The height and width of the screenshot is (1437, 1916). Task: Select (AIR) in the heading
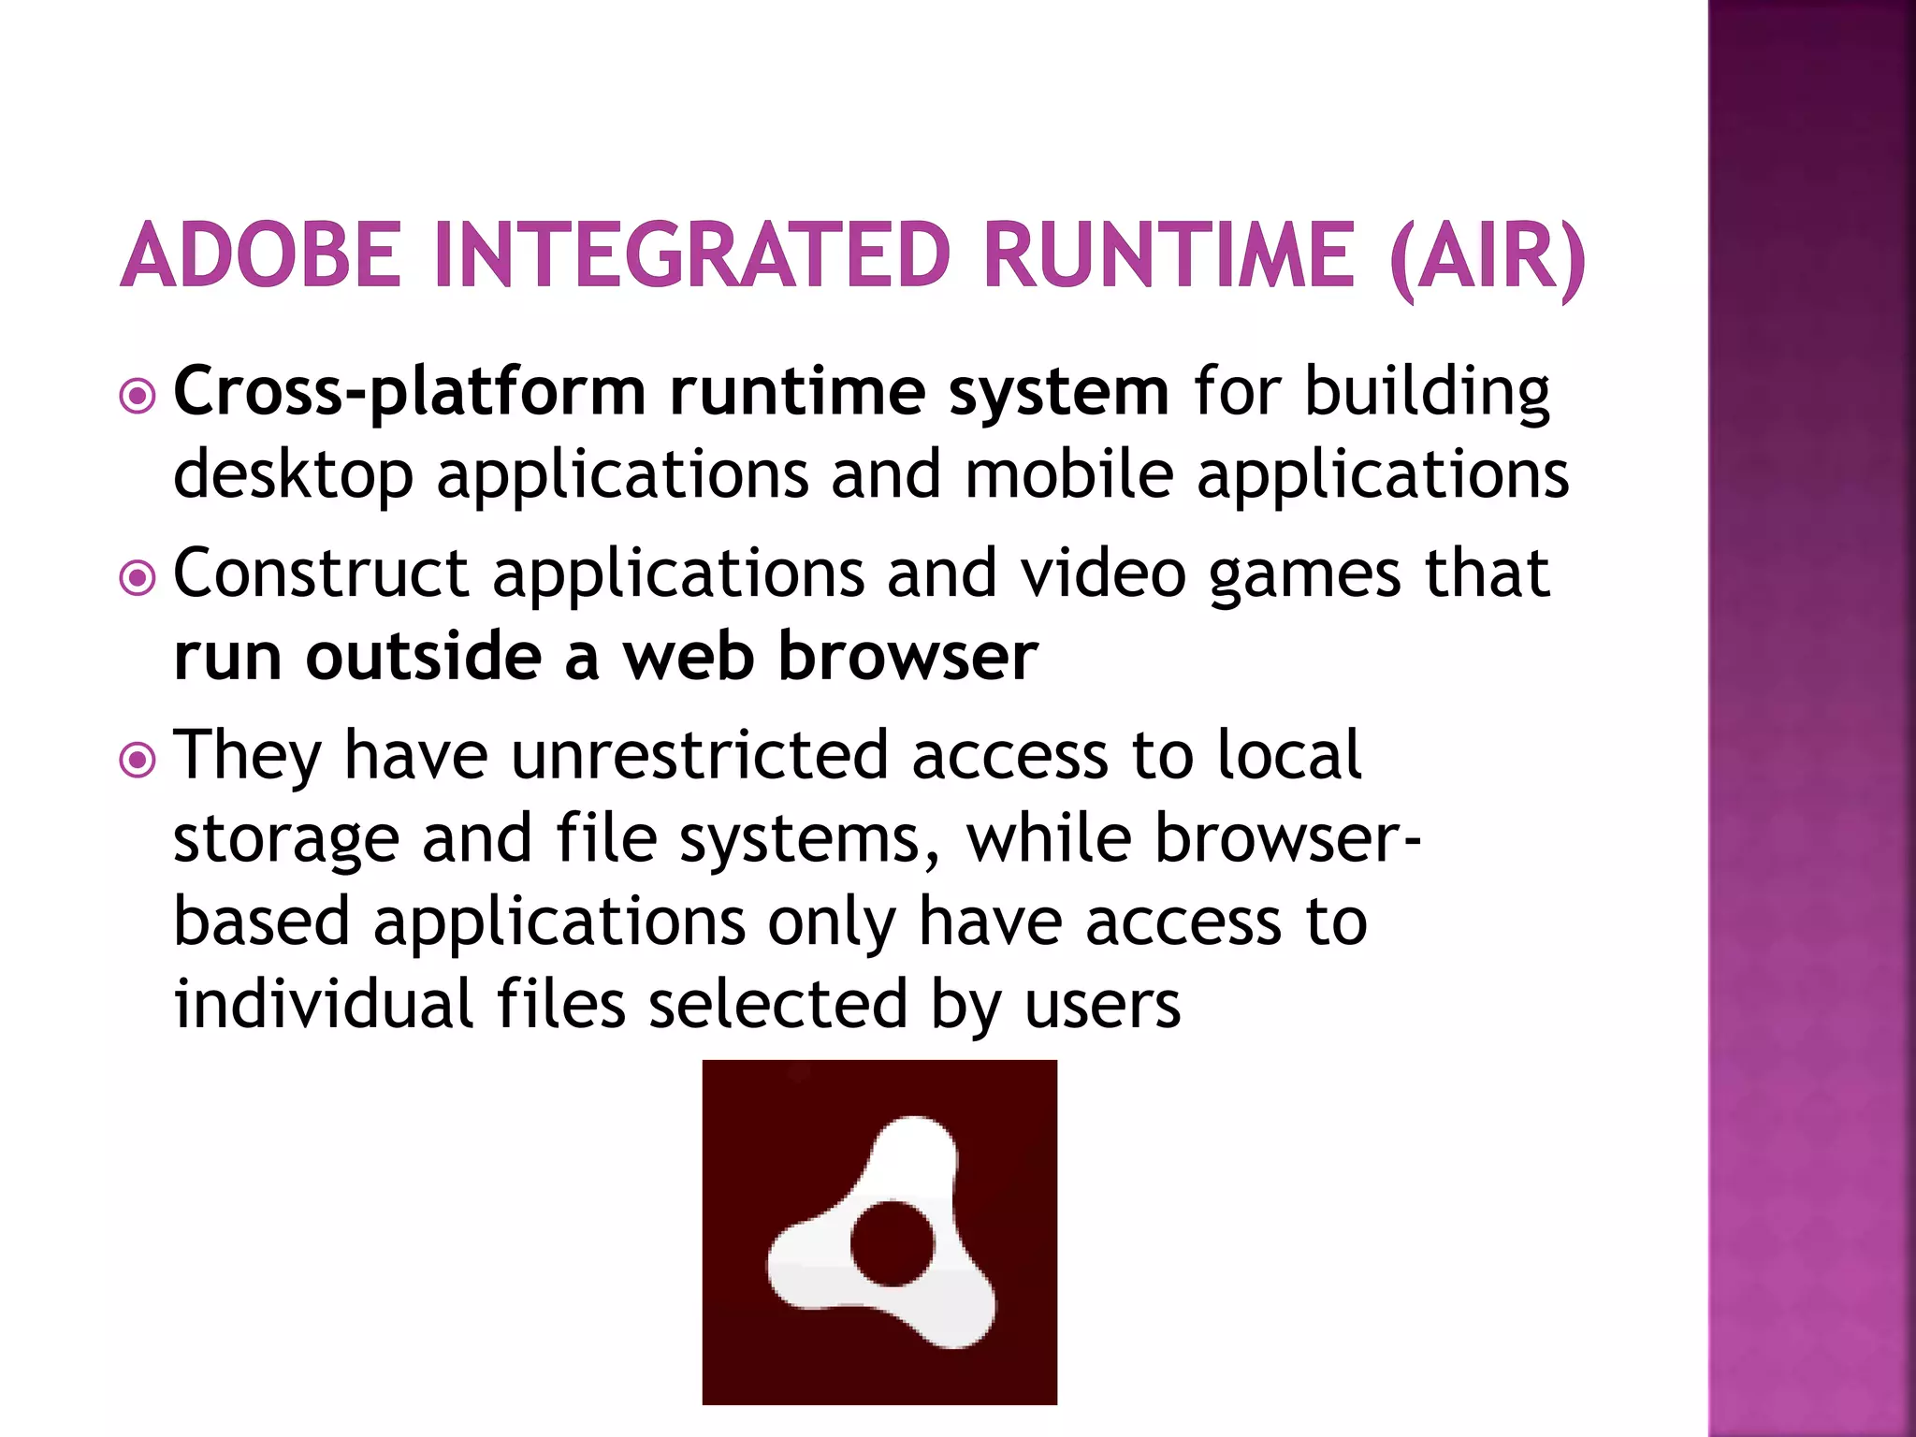coord(1488,256)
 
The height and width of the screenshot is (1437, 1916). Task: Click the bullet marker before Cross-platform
coord(138,398)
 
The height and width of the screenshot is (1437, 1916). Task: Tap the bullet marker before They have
coord(138,761)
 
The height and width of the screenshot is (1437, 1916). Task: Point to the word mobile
coord(1068,473)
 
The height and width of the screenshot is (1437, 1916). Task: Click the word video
coord(1103,573)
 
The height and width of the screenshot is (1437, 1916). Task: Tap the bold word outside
coord(423,656)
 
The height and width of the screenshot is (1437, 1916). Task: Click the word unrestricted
coord(699,755)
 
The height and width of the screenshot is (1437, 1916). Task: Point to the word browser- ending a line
coord(1287,837)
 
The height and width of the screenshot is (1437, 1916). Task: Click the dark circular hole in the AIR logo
coord(893,1243)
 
